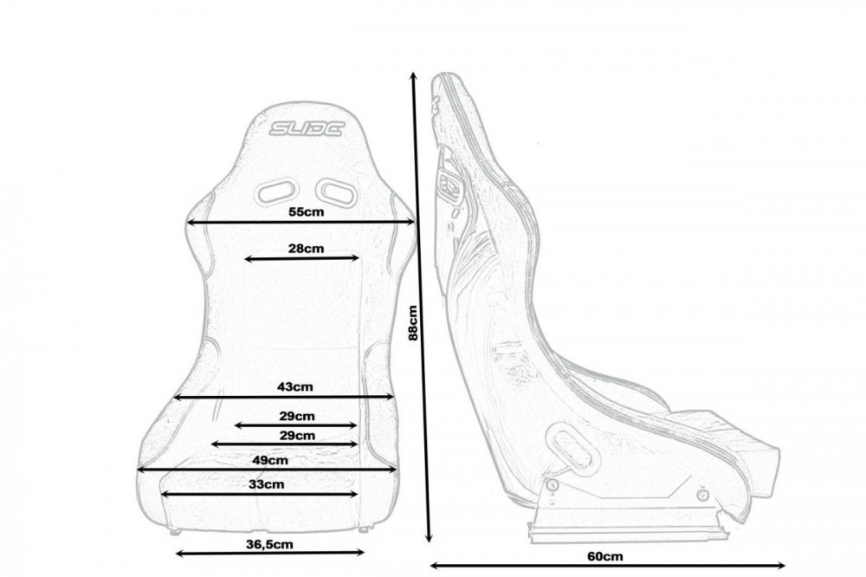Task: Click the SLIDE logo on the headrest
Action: tap(307, 129)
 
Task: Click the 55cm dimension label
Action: tap(307, 211)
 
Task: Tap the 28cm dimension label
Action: tap(306, 248)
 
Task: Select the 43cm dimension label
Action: tap(295, 386)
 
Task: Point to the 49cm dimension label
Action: tap(270, 459)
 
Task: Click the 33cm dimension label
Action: tap(266, 484)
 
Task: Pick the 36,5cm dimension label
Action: tap(269, 544)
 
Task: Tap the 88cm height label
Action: tap(413, 323)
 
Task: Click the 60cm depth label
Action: tap(604, 555)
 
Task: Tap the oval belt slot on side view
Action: tap(572, 449)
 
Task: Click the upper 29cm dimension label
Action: tap(297, 416)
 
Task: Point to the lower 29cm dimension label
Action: tap(297, 435)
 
